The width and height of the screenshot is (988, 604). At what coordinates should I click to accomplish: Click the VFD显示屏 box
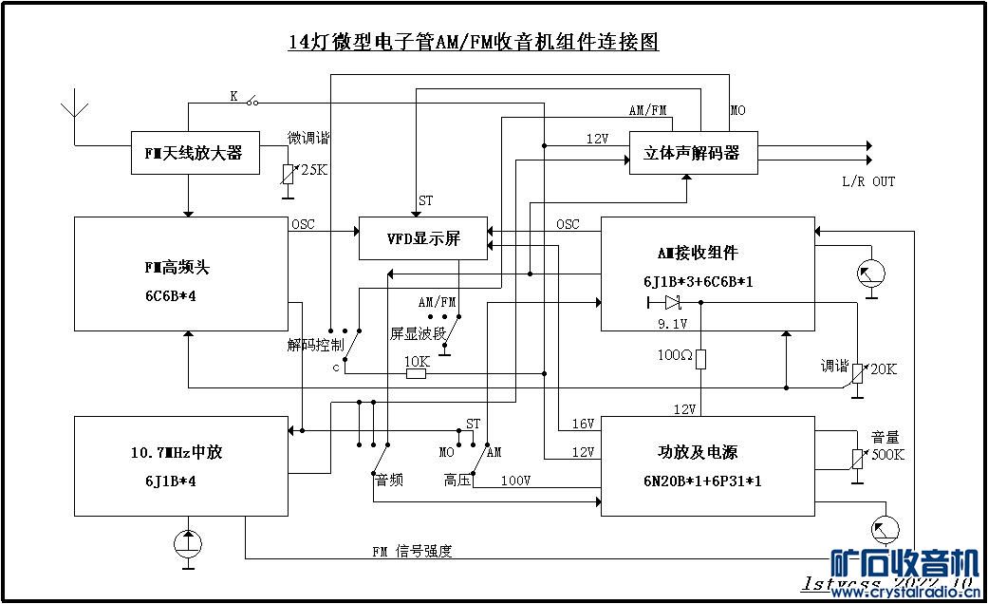click(x=422, y=238)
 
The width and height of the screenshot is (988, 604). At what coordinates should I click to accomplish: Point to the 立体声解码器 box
click(x=693, y=153)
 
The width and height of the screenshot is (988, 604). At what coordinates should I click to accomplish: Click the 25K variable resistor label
click(x=314, y=169)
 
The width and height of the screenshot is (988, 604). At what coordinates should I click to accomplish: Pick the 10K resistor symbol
click(x=416, y=373)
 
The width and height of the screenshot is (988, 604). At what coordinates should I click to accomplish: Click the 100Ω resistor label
click(x=675, y=355)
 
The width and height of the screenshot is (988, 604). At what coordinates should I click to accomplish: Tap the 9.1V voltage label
click(x=672, y=323)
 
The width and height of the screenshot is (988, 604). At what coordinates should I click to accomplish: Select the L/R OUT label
click(x=867, y=181)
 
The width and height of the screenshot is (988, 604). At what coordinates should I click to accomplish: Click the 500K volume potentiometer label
click(x=888, y=454)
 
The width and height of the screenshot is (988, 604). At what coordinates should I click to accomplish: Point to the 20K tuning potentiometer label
click(x=883, y=368)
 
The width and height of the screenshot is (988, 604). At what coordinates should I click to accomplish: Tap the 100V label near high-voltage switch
click(x=515, y=480)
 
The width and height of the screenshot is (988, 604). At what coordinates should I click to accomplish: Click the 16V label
click(x=583, y=423)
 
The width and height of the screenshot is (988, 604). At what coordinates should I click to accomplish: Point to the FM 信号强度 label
click(x=412, y=551)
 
